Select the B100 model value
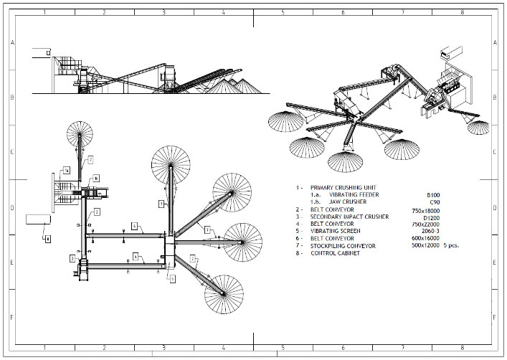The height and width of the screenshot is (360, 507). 432,195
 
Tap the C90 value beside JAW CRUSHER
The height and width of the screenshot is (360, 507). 433,202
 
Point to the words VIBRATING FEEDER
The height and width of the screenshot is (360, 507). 354,195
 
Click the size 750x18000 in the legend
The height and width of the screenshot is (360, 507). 425,210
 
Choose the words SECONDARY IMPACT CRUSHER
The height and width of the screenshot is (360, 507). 349,217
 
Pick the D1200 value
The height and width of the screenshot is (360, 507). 431,217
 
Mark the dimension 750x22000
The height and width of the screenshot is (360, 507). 425,224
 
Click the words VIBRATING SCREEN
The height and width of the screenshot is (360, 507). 336,231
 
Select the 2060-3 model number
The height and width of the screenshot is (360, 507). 429,232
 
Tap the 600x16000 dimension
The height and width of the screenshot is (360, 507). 425,239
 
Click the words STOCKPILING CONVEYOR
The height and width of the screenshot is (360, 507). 343,246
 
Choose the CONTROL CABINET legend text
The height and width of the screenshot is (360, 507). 335,253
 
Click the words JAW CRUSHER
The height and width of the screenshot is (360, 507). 349,202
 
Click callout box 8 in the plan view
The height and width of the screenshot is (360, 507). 47,239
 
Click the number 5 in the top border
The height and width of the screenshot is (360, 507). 283,13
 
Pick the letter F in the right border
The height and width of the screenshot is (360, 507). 494,316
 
